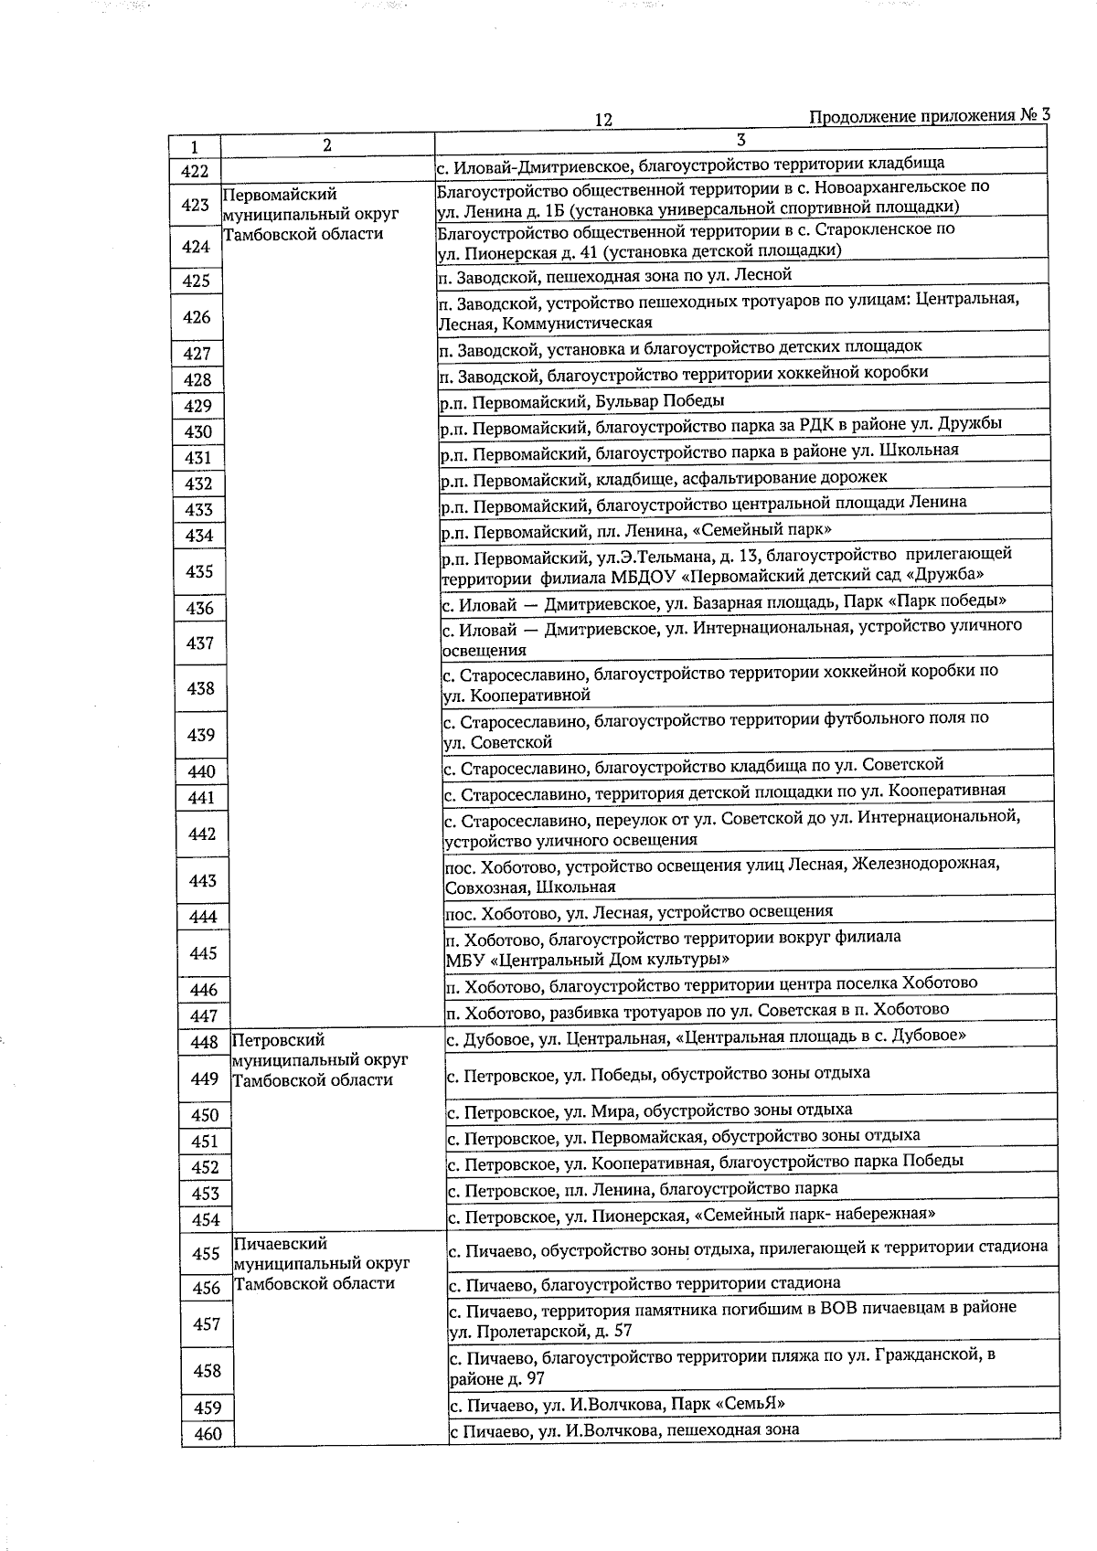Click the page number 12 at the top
click(x=602, y=120)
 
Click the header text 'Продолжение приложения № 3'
click(x=929, y=116)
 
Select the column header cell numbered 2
click(x=327, y=144)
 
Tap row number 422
click(x=195, y=171)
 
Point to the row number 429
click(x=197, y=406)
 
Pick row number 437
click(x=199, y=643)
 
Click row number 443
click(x=202, y=880)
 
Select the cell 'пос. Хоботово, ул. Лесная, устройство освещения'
click(x=639, y=911)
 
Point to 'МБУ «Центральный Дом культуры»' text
click(x=587, y=960)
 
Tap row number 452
click(x=205, y=1167)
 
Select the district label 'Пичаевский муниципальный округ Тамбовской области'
click(x=321, y=1263)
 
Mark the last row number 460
click(x=208, y=1434)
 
